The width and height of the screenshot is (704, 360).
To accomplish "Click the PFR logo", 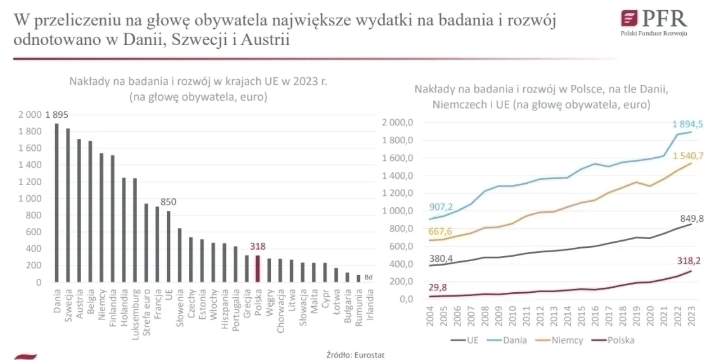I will coord(654,23).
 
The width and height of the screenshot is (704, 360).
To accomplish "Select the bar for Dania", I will coord(56,203).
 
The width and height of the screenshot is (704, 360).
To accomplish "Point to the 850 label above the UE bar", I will coord(168,202).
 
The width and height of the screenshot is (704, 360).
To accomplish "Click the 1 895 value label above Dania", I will coord(56,115).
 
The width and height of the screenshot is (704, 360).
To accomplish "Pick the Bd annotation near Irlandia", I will coord(368,277).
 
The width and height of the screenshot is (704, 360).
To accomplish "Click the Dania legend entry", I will coord(510,340).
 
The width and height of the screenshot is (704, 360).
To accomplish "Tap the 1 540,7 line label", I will coord(687,156).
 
